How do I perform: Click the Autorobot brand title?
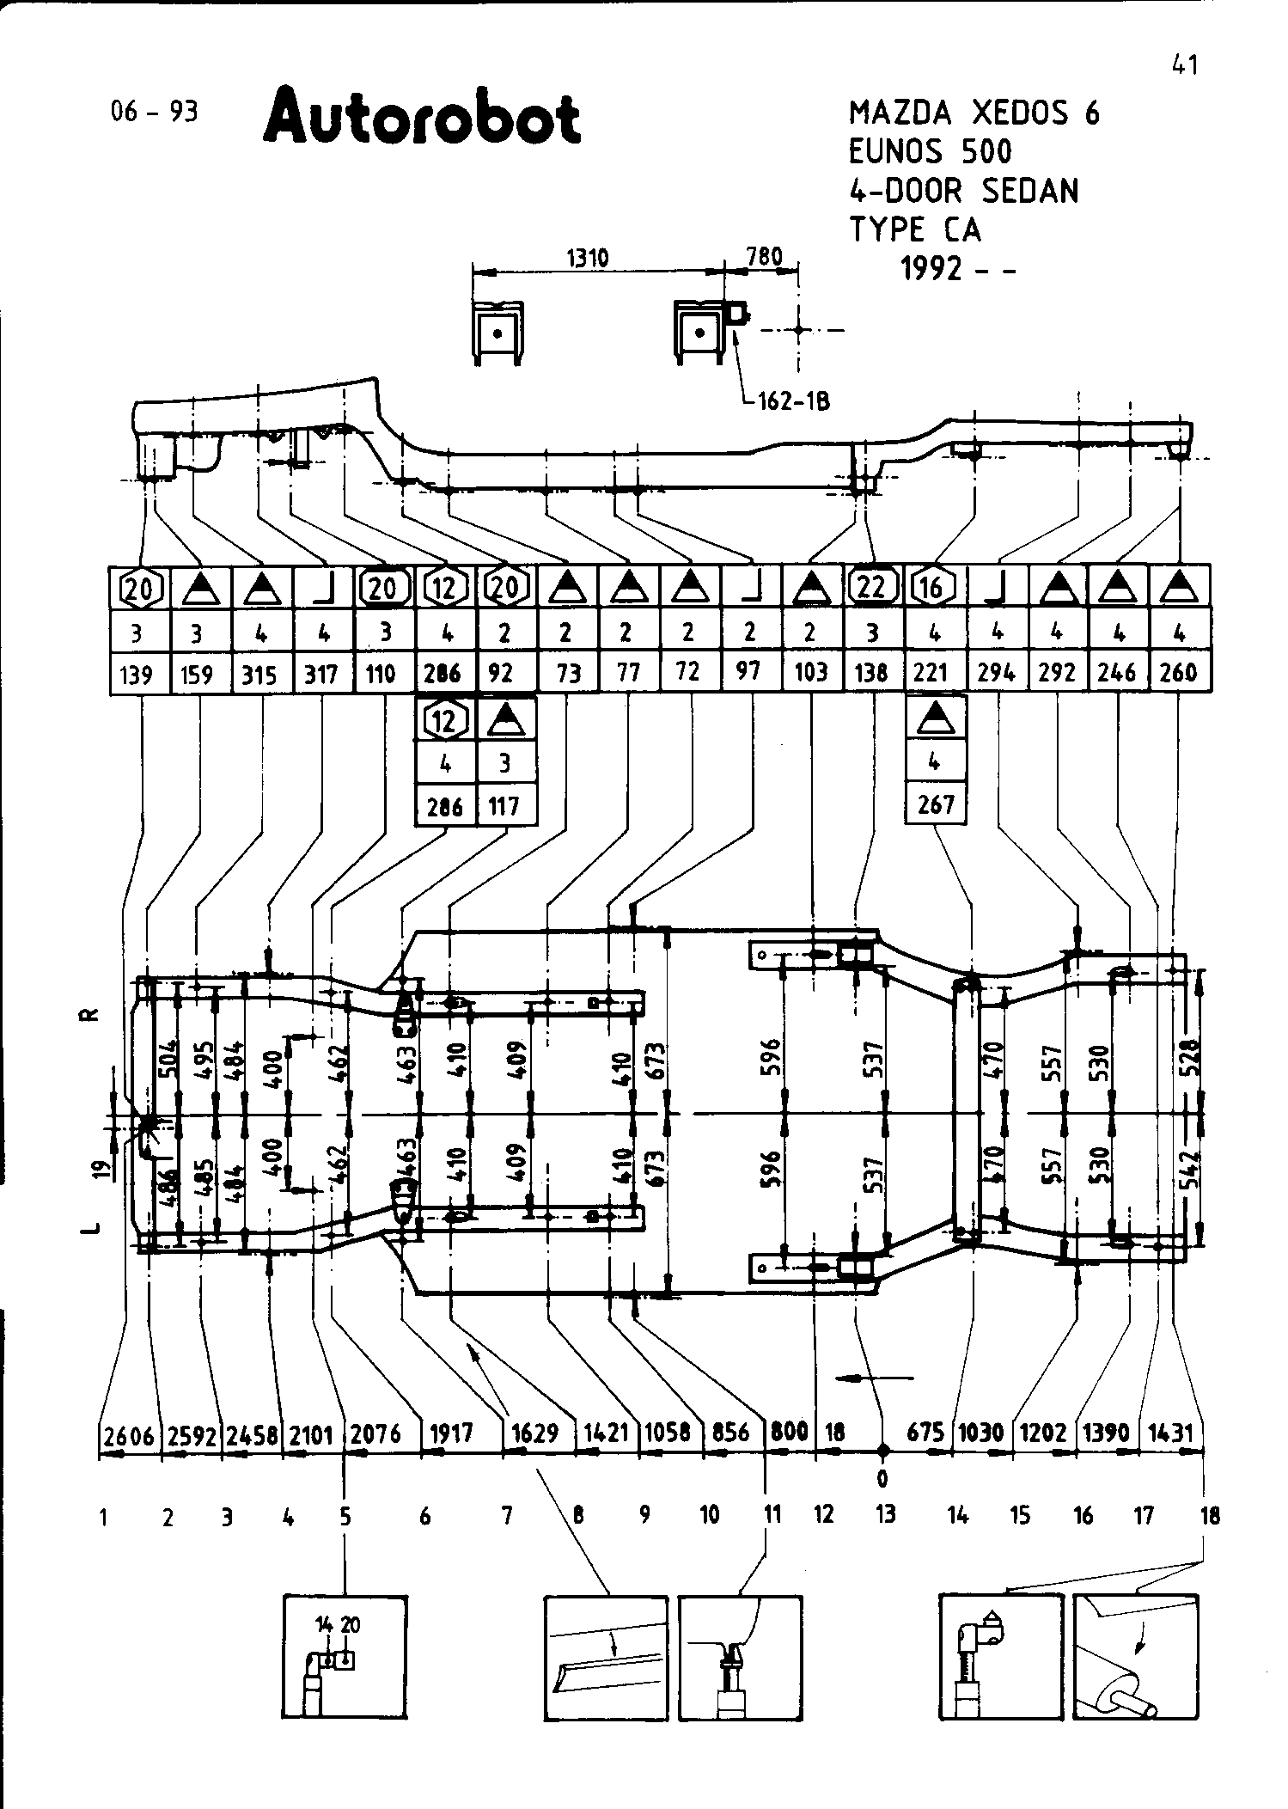point(422,118)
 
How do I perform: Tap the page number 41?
point(1184,64)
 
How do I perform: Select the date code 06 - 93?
point(155,113)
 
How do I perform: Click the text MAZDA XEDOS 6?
point(974,113)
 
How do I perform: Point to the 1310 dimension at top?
point(589,258)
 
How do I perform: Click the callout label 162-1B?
point(793,401)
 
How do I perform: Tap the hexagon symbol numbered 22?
point(872,588)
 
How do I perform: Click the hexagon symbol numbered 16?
point(933,588)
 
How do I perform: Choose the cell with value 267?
point(936,804)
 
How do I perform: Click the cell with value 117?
point(505,806)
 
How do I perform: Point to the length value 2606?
point(129,1434)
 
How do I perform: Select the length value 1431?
point(1171,1433)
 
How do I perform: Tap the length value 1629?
point(535,1433)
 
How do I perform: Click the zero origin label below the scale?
point(882,1479)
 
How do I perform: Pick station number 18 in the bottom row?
point(1210,1515)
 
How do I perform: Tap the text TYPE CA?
point(914,230)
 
